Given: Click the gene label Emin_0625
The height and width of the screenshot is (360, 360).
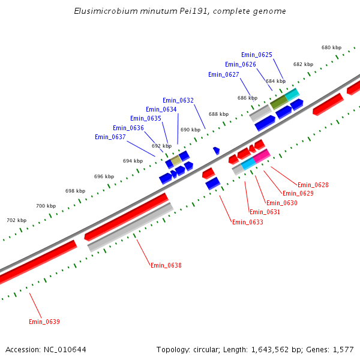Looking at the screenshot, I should [257, 55].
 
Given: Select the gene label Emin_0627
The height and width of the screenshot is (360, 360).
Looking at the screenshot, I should [224, 74].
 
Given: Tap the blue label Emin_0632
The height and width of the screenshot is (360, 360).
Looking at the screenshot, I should [178, 100].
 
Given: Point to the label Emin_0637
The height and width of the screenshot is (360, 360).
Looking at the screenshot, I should [110, 137].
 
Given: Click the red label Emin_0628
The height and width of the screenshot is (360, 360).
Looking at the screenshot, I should [313, 185].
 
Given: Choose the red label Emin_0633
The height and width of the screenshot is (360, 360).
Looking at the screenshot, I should [248, 222].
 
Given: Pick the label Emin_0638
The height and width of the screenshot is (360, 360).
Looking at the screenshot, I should [166, 265].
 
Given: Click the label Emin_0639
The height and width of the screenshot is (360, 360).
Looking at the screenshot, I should [44, 322].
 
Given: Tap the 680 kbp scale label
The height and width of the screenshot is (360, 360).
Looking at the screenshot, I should [331, 47].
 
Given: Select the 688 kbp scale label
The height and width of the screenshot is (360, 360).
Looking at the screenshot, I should [218, 114].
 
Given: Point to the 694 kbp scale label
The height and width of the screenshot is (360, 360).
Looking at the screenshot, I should [133, 161].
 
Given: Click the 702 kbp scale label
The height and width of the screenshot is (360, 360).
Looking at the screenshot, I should [16, 220].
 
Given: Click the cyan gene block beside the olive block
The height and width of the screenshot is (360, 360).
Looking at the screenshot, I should [292, 94].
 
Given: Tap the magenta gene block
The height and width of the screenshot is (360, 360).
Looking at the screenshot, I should [261, 156].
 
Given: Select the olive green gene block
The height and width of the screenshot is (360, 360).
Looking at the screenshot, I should [278, 102].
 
